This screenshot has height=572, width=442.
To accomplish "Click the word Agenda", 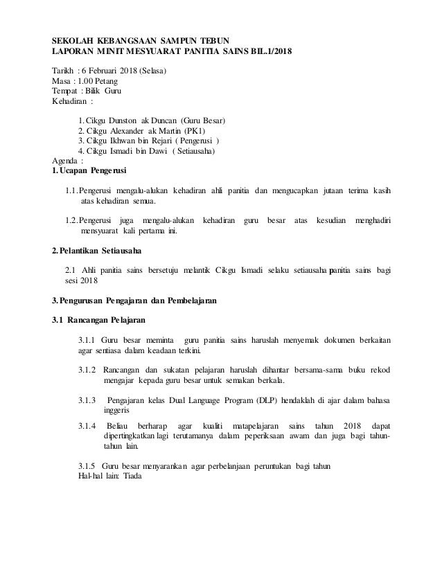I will click(x=67, y=160).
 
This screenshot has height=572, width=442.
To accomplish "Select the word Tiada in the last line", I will click(x=129, y=476).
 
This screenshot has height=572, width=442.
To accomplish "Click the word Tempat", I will click(x=66, y=91).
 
